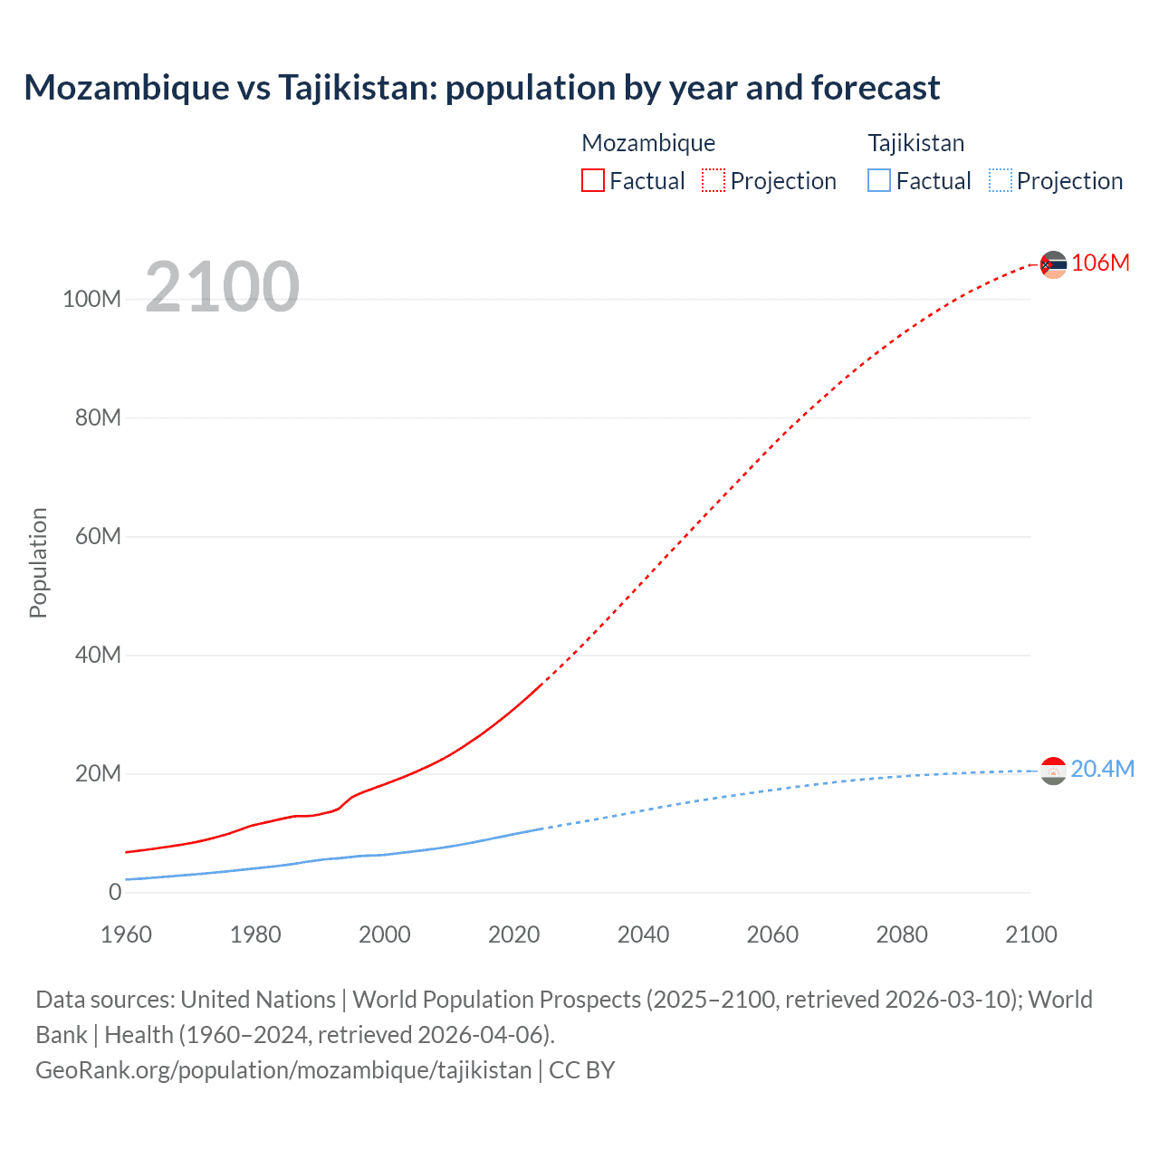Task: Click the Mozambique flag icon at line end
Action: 1053,264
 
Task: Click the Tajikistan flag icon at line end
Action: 1053,771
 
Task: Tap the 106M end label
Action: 1100,263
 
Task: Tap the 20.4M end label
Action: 1102,769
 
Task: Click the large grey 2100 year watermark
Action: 222,286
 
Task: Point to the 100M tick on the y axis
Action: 91,299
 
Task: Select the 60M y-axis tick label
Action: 98,536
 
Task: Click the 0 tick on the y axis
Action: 115,892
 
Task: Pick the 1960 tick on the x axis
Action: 126,934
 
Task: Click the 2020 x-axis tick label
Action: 513,934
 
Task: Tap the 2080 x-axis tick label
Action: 901,934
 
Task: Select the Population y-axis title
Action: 38,562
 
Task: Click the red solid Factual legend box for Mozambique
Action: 592,180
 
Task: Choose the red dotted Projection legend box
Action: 714,180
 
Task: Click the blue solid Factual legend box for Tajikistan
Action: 878,180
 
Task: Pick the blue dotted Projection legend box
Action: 1000,180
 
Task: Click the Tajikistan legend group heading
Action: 915,143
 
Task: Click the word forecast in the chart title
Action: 876,88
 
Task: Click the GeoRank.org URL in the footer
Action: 283,1070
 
